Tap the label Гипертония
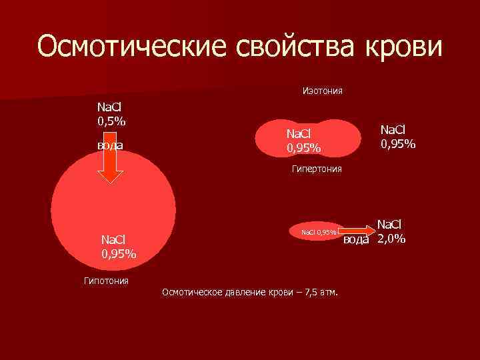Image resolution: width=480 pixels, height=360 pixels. click(x=317, y=169)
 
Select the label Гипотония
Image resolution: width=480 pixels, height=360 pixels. click(x=106, y=281)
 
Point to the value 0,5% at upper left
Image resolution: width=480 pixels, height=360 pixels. click(x=112, y=121)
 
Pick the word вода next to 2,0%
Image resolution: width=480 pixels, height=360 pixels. click(x=355, y=240)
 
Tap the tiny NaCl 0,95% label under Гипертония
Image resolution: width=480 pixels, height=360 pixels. click(x=319, y=233)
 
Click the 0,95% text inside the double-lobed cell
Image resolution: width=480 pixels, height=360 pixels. click(x=304, y=148)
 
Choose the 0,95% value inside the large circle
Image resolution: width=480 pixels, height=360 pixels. click(x=119, y=253)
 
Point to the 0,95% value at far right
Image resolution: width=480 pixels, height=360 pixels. click(x=398, y=143)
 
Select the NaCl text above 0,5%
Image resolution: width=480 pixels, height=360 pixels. click(x=110, y=107)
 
